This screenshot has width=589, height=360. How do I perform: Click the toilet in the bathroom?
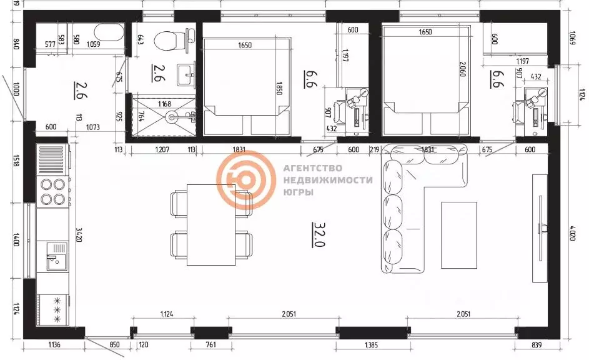(x=167, y=42)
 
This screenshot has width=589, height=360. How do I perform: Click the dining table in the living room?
(x=212, y=224)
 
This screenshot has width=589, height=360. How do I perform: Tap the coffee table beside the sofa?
(x=460, y=234)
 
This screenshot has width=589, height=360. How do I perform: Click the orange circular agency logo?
(x=245, y=180)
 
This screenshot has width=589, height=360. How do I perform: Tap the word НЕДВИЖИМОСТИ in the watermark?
(x=328, y=180)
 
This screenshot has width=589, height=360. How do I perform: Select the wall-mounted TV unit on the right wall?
(x=540, y=227)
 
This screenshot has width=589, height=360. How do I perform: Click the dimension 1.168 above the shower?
(x=165, y=104)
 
